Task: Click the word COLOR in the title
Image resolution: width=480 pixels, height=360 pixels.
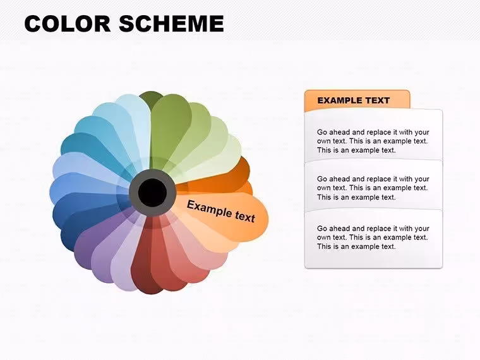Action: pos(68,23)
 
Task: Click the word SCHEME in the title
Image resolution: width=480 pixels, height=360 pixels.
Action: pos(171,23)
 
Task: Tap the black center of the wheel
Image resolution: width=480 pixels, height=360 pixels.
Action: pos(152,193)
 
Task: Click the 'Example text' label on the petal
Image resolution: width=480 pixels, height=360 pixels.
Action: pos(220,211)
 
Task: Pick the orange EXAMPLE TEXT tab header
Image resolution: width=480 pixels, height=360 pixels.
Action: pos(357,100)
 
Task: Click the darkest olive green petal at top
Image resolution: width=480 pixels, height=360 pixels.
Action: pos(150,97)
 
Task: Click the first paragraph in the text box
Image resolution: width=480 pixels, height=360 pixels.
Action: pos(373,141)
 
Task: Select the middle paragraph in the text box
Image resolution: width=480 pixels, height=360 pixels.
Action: pos(373,188)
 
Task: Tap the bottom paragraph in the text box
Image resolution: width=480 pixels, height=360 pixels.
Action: pos(373,237)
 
